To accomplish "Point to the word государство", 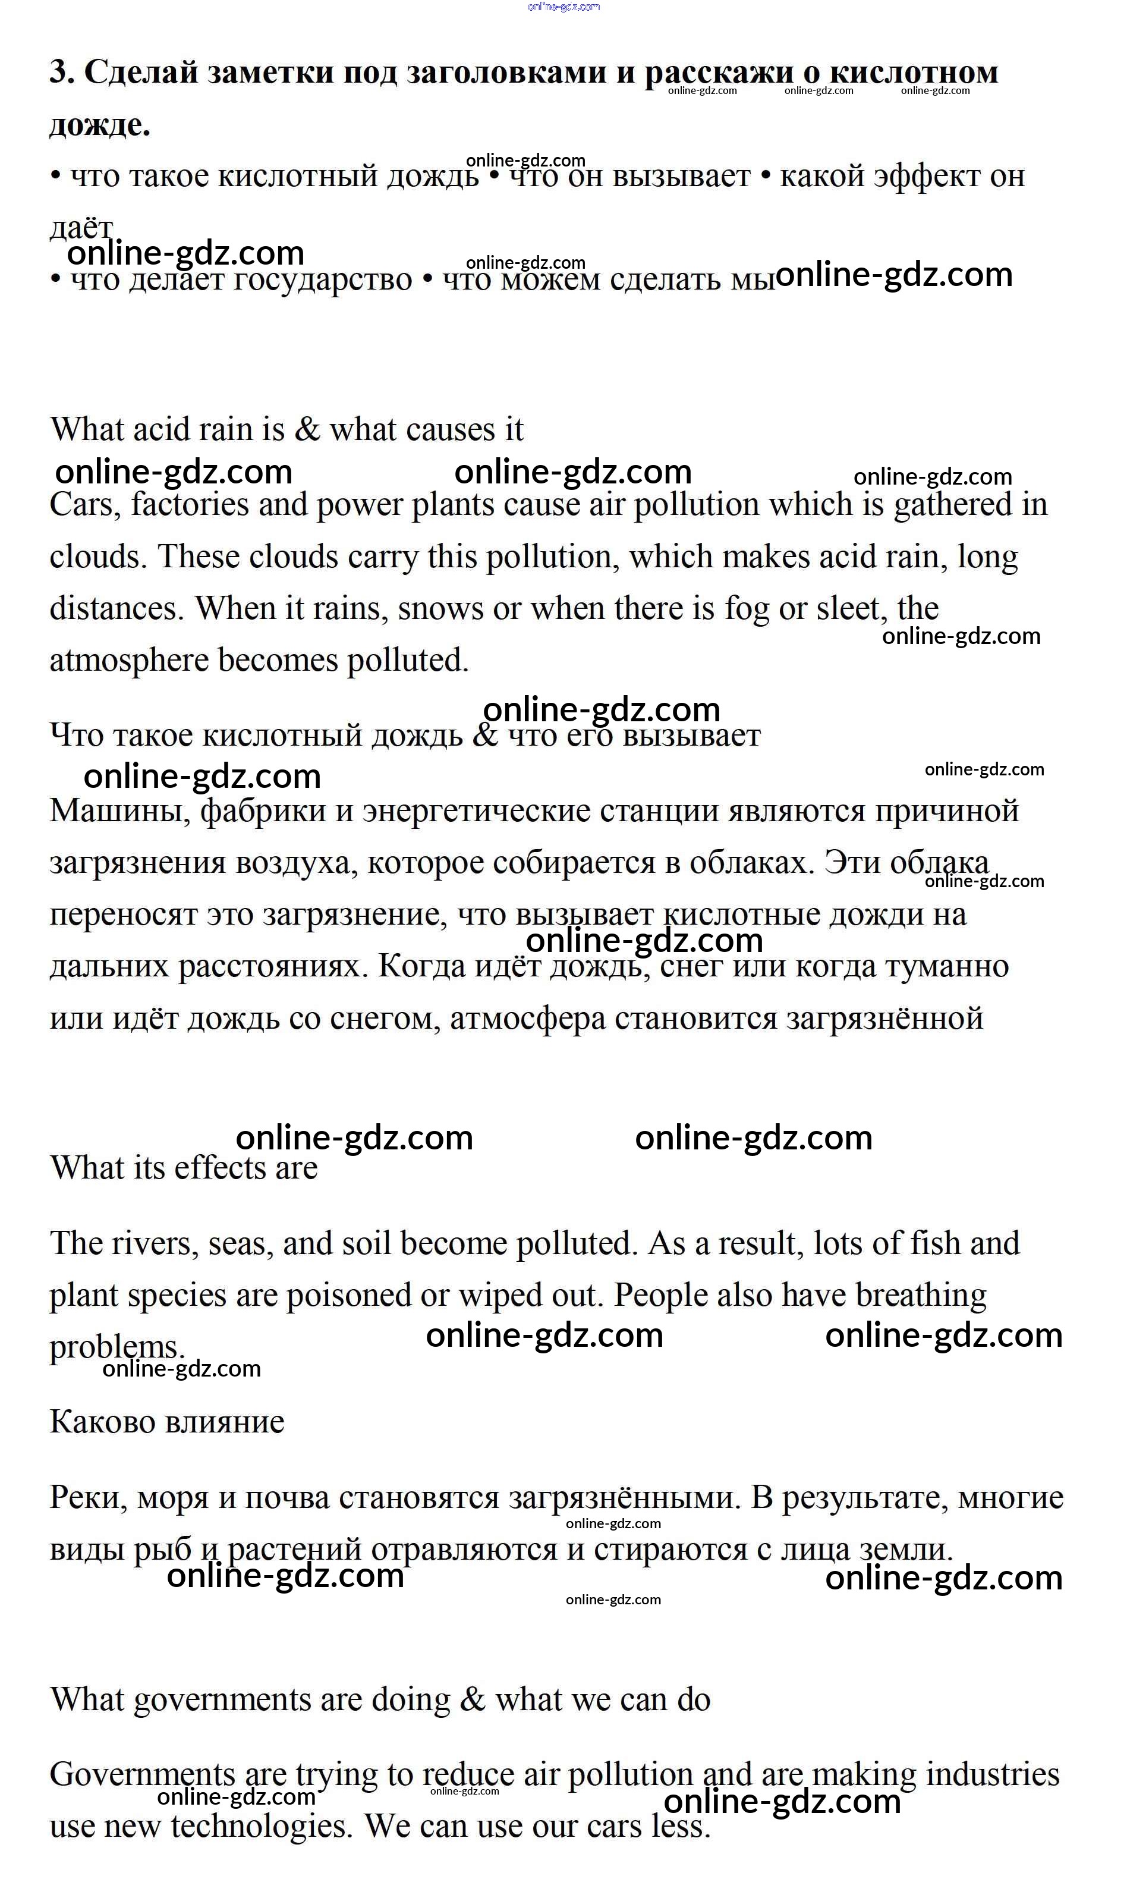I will click(x=322, y=279).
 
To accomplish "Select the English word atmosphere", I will click(x=129, y=660).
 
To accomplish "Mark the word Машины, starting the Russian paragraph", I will click(x=120, y=811).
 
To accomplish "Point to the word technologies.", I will click(x=262, y=1827).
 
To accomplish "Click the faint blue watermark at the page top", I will click(x=563, y=7).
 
